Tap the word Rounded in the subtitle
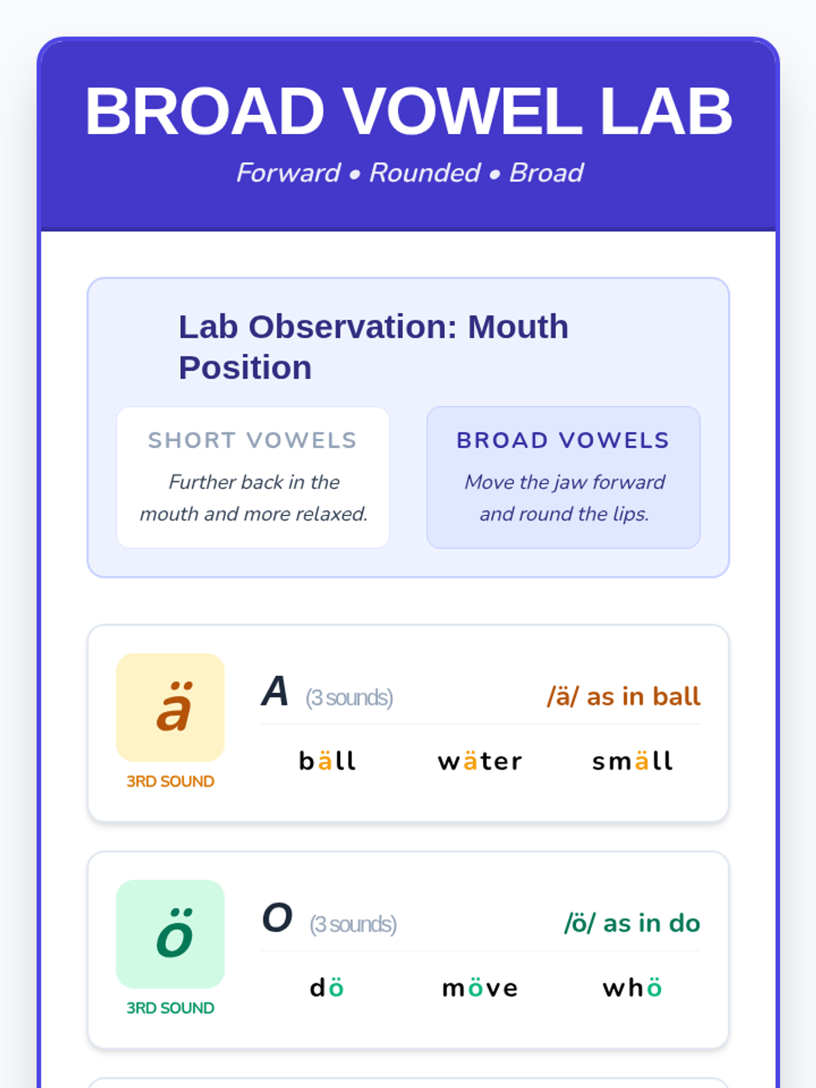424,173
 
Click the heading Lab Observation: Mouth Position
373,347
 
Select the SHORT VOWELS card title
253,440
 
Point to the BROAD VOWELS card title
563,440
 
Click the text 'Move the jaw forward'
564,482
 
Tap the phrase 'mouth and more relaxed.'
254,514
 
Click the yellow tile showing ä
170,707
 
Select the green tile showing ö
170,934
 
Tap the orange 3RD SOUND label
170,781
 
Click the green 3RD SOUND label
170,1008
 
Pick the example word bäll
328,760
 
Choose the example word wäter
480,761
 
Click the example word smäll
632,760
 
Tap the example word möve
480,987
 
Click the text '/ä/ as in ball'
624,696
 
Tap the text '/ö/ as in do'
632,923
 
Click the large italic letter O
277,917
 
